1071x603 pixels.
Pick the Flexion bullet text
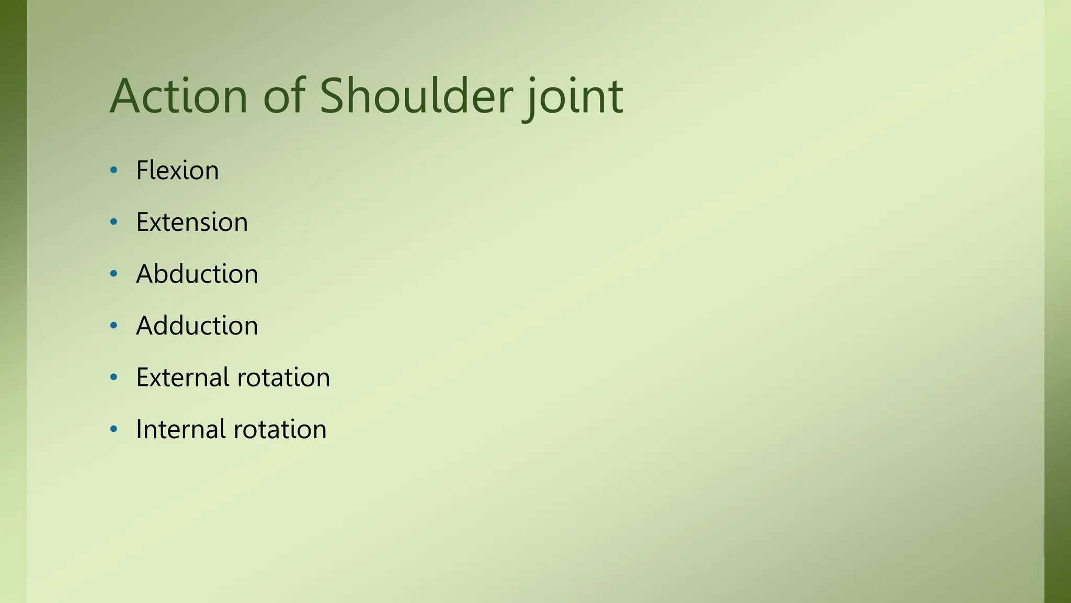pyautogui.click(x=177, y=170)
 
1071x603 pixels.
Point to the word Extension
pyautogui.click(x=192, y=222)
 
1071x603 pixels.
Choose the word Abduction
pyautogui.click(x=197, y=274)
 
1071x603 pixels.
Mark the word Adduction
pyautogui.click(x=197, y=326)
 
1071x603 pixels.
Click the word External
pyautogui.click(x=183, y=377)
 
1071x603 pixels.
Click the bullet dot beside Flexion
pyautogui.click(x=114, y=170)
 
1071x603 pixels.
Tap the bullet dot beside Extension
pyautogui.click(x=114, y=222)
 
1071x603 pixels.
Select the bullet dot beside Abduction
pyautogui.click(x=114, y=274)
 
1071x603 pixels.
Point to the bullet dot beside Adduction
pyautogui.click(x=114, y=326)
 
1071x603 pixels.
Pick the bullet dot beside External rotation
pyautogui.click(x=114, y=377)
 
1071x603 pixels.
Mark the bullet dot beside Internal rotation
pyautogui.click(x=114, y=429)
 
